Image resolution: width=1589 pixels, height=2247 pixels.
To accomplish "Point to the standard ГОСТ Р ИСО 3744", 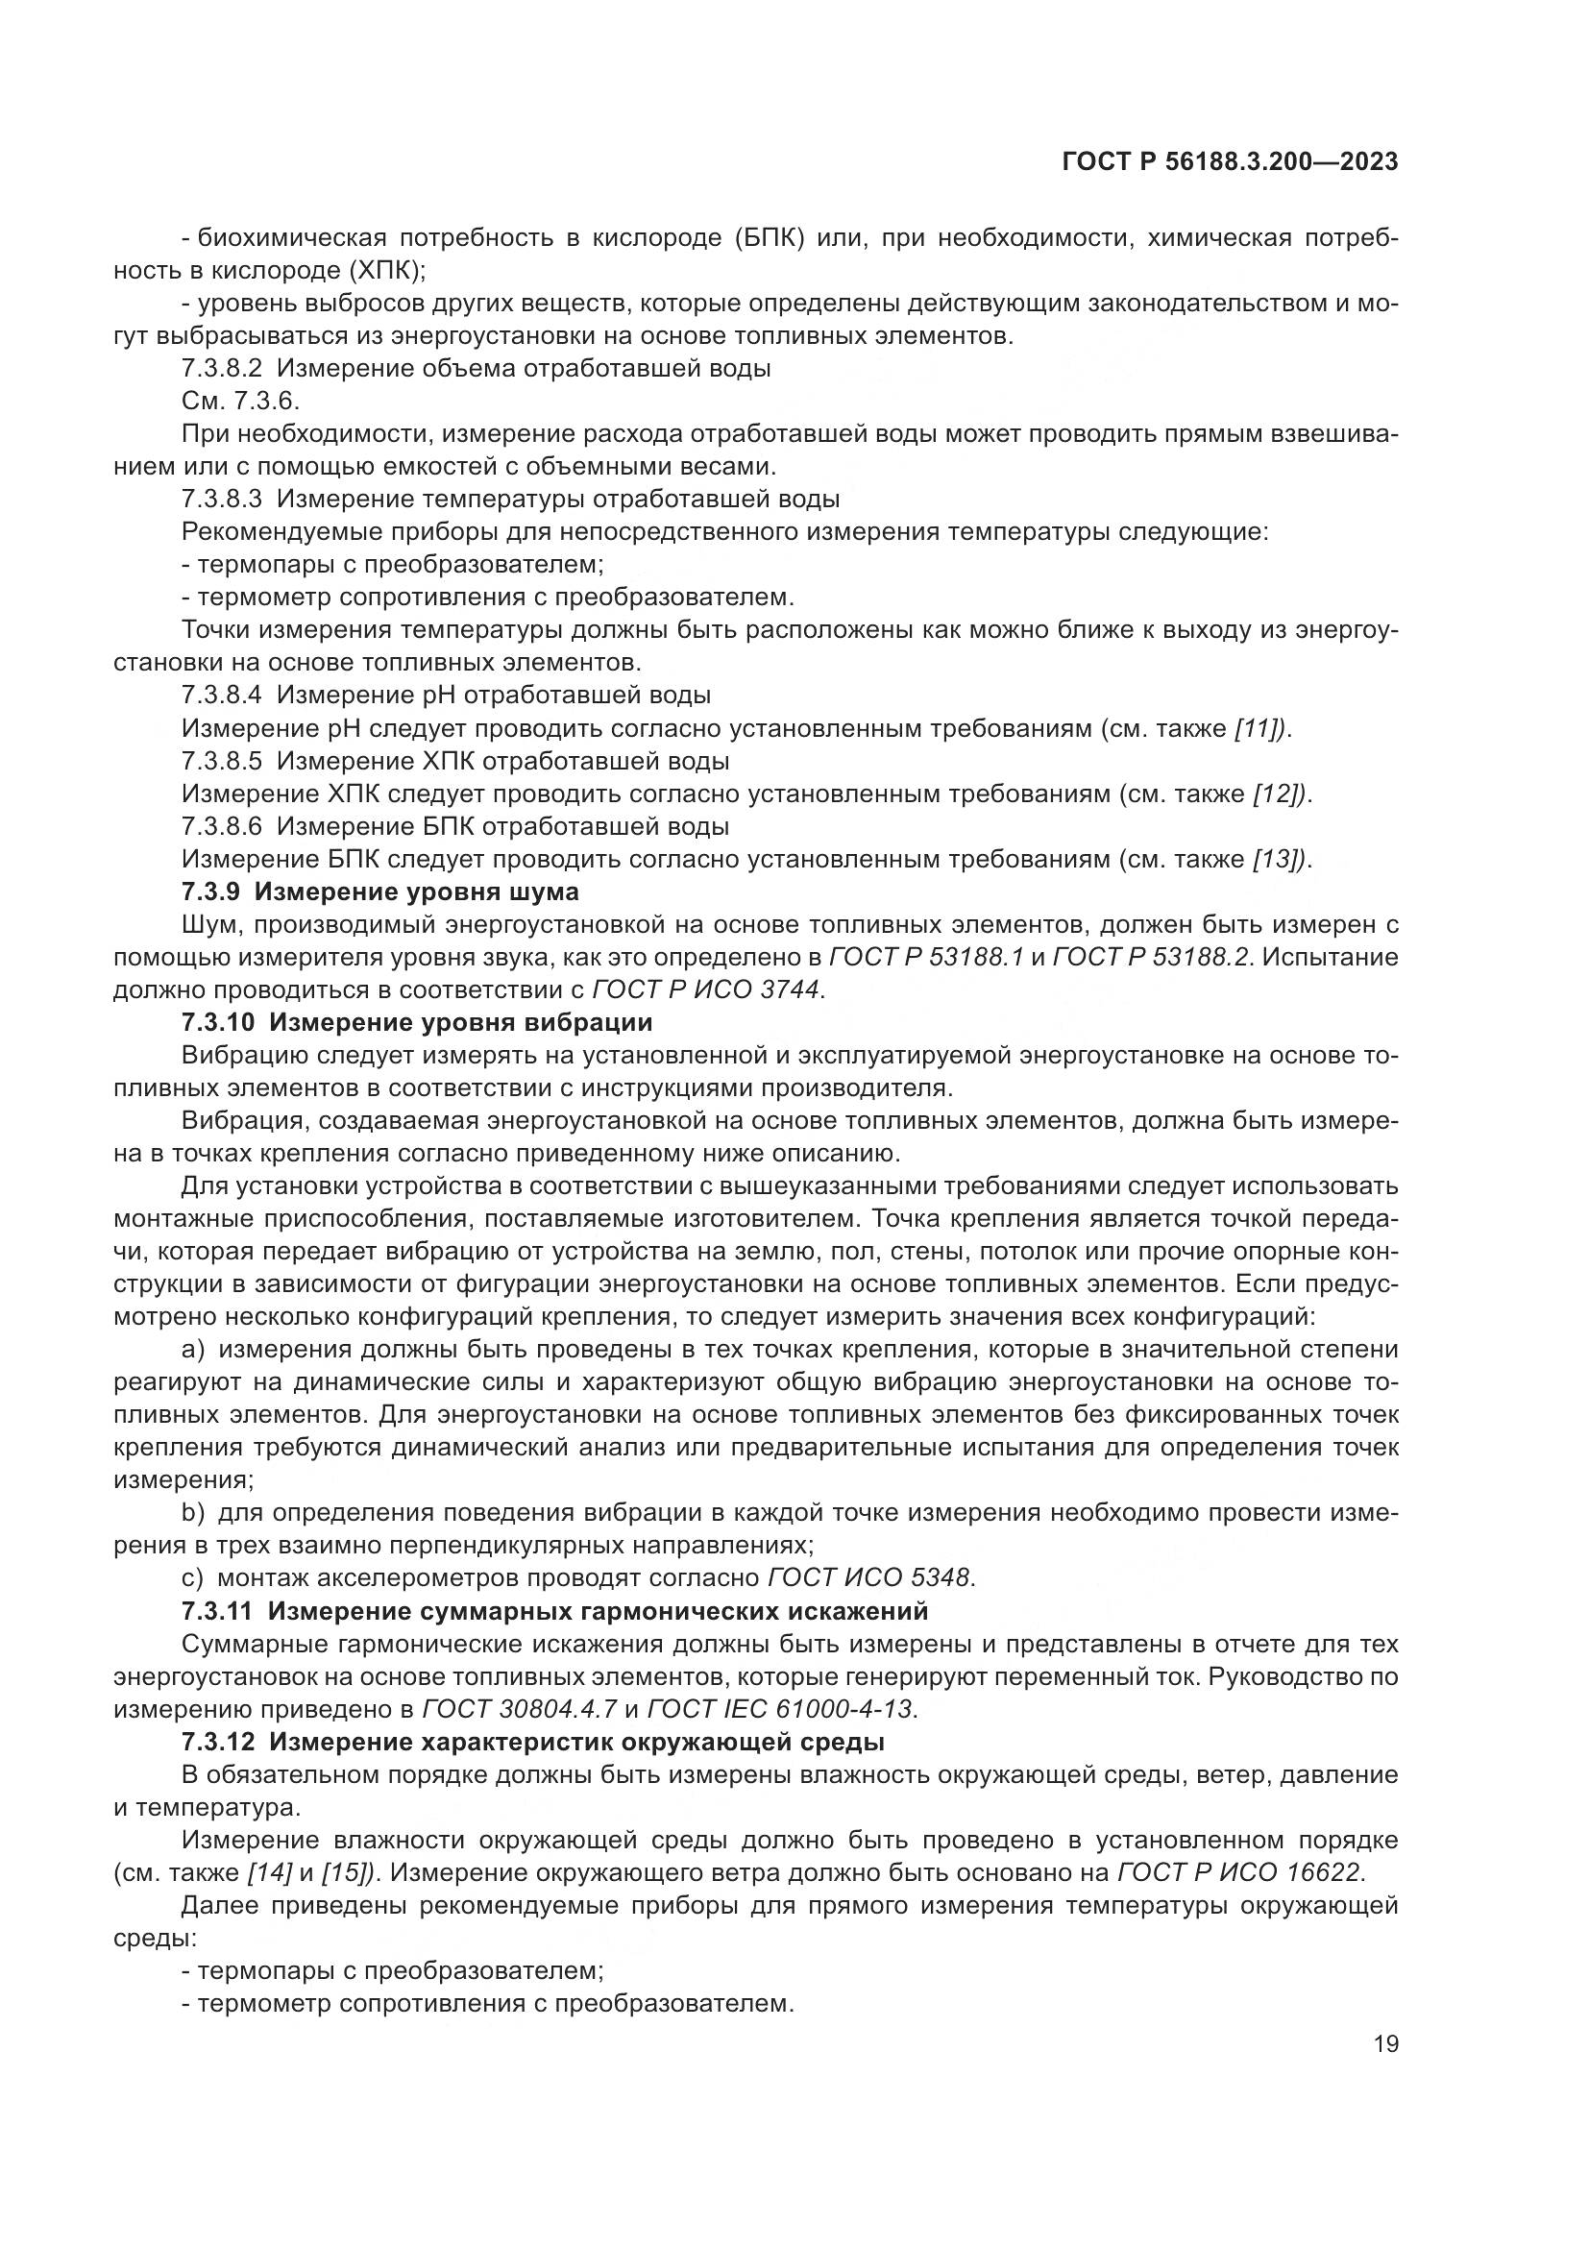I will pyautogui.click(x=706, y=989).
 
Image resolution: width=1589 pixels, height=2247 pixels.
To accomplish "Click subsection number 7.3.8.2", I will pyautogui.click(x=222, y=369).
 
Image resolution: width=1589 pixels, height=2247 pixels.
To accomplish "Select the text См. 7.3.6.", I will pyautogui.click(x=241, y=402).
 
